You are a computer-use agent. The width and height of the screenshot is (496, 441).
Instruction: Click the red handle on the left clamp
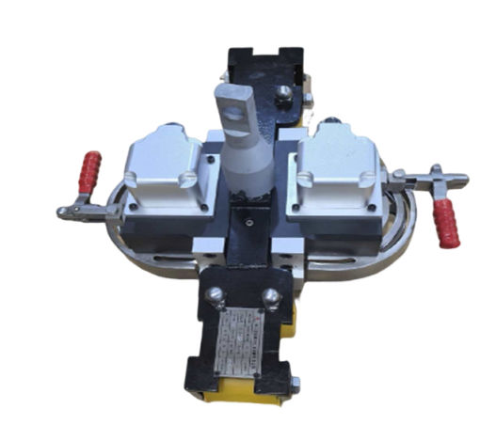pyautogui.click(x=90, y=173)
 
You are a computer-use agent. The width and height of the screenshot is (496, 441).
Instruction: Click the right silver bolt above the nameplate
pyautogui.click(x=271, y=297)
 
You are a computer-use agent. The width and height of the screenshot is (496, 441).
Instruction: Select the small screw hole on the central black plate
pyautogui.click(x=248, y=223)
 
